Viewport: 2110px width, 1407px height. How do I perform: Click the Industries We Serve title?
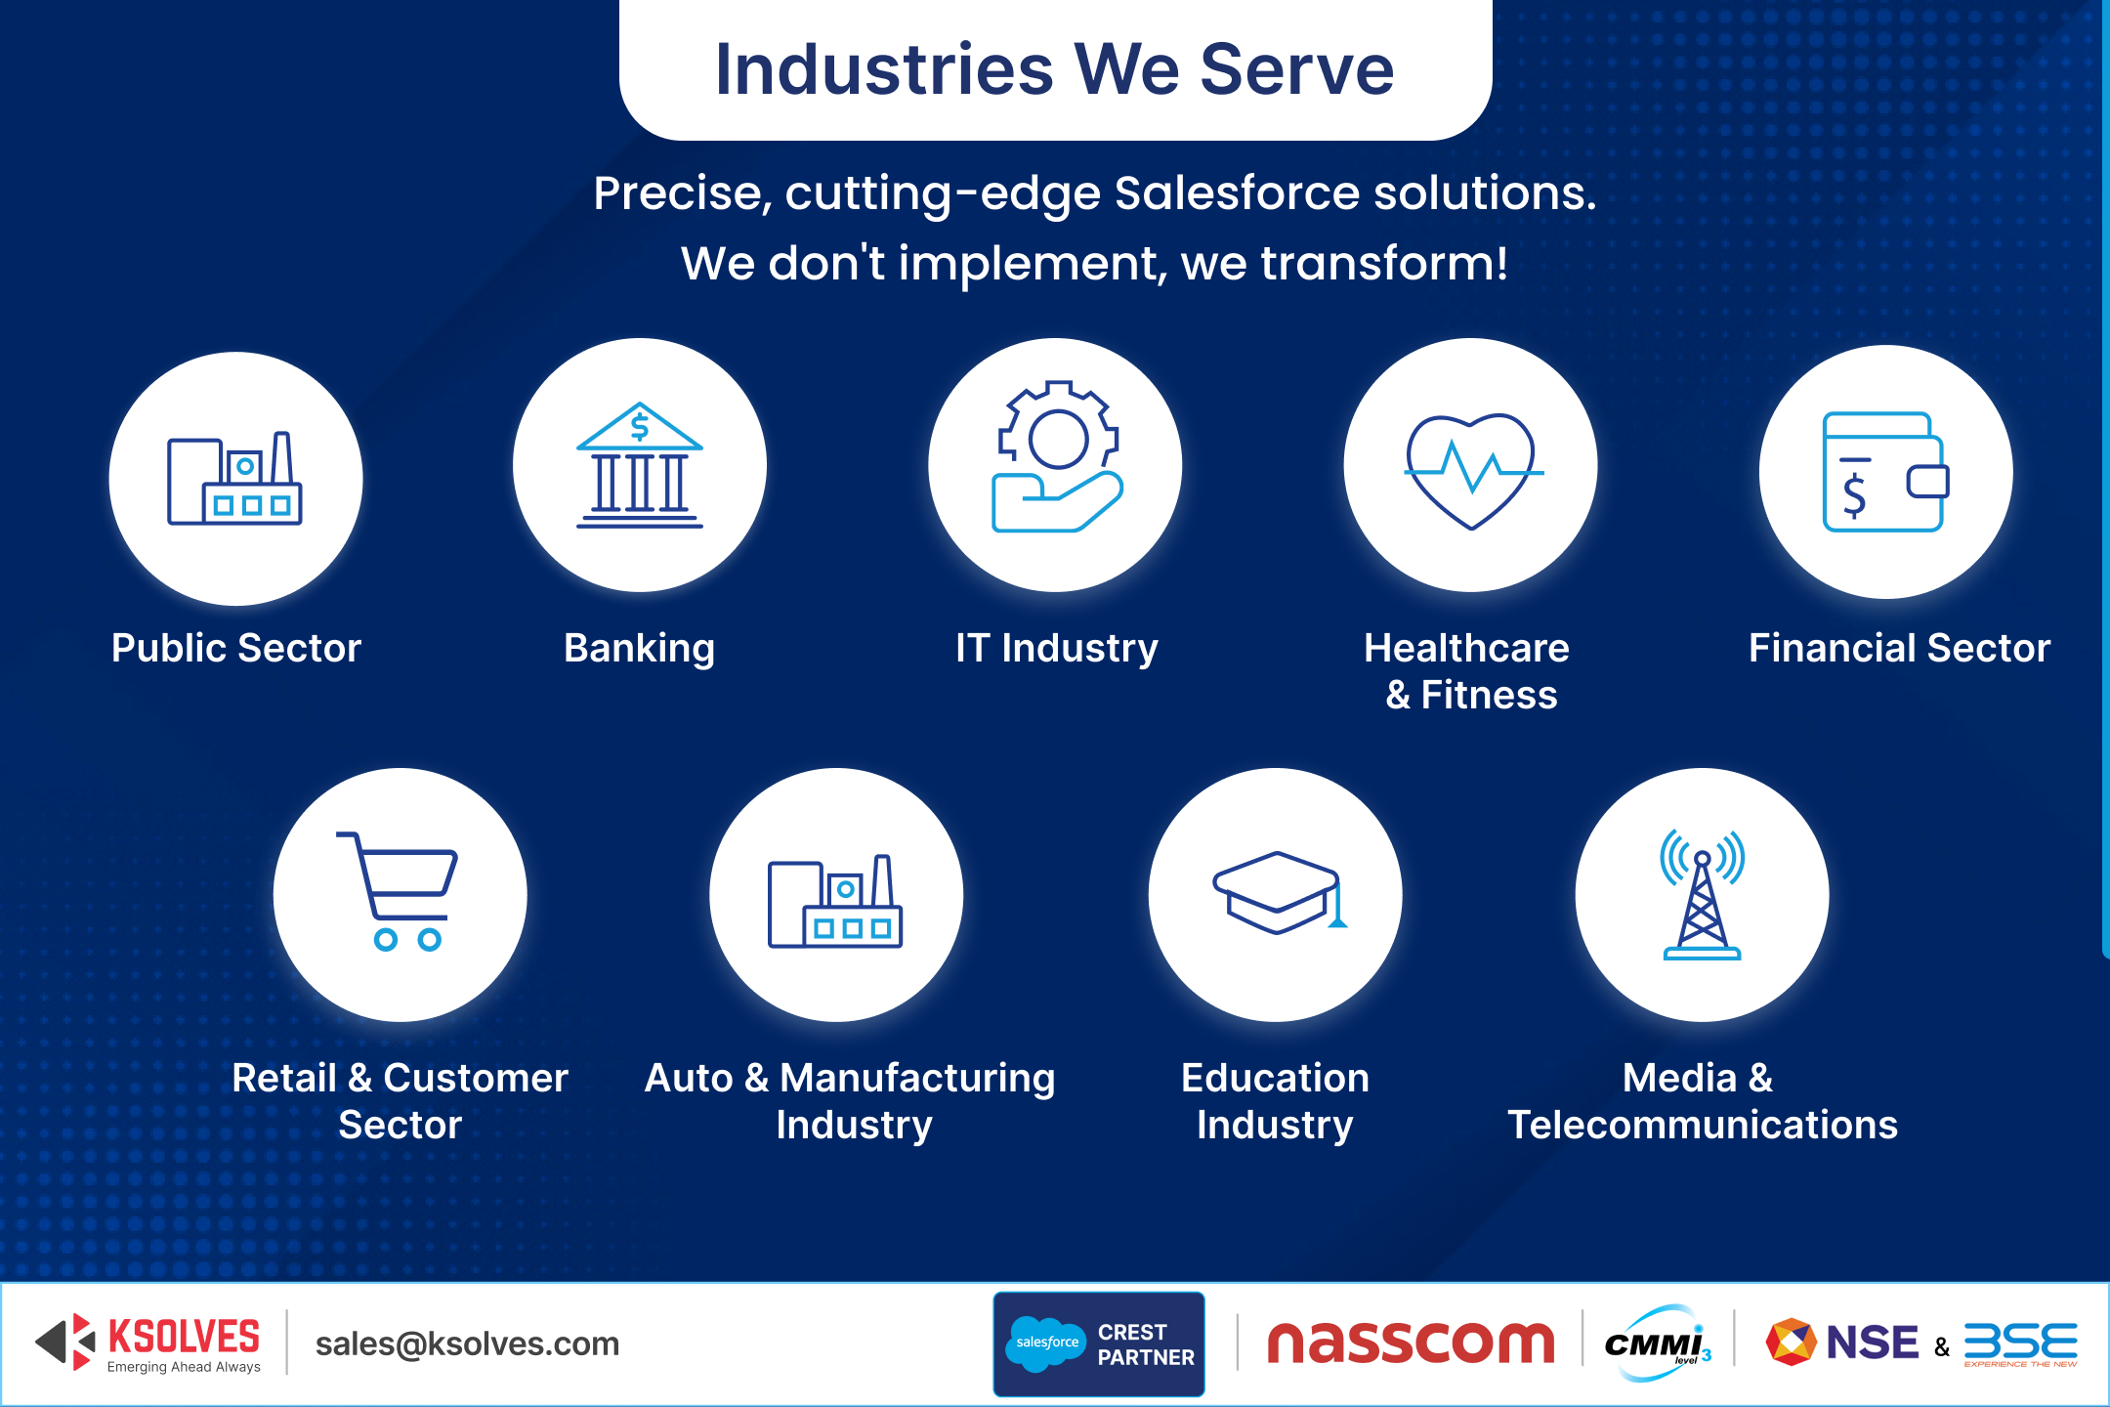pyautogui.click(x=1055, y=70)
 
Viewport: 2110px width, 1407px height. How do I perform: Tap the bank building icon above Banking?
pyautogui.click(x=640, y=466)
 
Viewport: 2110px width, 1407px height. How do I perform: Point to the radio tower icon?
pyautogui.click(x=1703, y=895)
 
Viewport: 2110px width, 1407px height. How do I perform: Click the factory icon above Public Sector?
pyautogui.click(x=235, y=479)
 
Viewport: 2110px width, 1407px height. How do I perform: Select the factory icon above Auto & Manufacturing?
pyautogui.click(x=835, y=901)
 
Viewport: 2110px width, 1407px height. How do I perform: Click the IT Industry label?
pyautogui.click(x=1057, y=649)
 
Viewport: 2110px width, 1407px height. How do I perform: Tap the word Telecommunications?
pyautogui.click(x=1703, y=1126)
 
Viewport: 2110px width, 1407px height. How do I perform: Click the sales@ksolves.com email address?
pyautogui.click(x=467, y=1344)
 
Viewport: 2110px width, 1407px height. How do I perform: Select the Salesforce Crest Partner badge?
pyautogui.click(x=1099, y=1344)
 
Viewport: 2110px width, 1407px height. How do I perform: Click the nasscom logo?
pyautogui.click(x=1410, y=1343)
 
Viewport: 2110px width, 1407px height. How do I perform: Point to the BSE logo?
pyautogui.click(x=2020, y=1343)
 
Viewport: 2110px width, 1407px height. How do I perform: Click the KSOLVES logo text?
pyautogui.click(x=184, y=1337)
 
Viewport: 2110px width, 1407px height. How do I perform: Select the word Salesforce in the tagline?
pyautogui.click(x=1237, y=193)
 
